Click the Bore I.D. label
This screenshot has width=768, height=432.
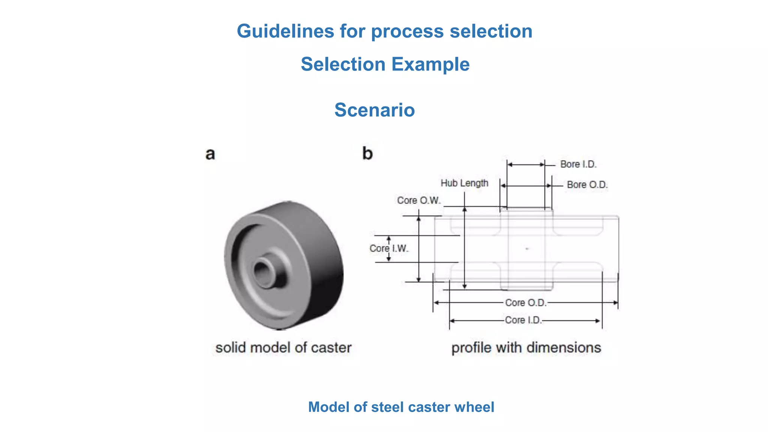(x=578, y=164)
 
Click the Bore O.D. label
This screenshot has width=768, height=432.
(x=587, y=185)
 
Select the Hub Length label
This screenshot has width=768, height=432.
(x=464, y=183)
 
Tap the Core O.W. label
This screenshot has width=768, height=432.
(x=418, y=201)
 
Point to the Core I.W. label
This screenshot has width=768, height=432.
(x=388, y=249)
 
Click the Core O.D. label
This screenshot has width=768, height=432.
(x=525, y=303)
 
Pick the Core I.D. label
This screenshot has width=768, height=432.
(x=523, y=320)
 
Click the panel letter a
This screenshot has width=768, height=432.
(x=210, y=154)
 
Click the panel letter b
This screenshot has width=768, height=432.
(x=367, y=153)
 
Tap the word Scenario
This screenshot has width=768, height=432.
(x=375, y=110)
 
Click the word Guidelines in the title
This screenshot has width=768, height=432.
(x=285, y=31)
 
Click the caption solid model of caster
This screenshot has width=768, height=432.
(x=283, y=348)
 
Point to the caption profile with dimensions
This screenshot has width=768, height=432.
(x=526, y=348)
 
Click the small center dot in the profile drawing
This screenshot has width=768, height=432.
(x=527, y=249)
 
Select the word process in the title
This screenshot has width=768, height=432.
(x=407, y=31)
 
